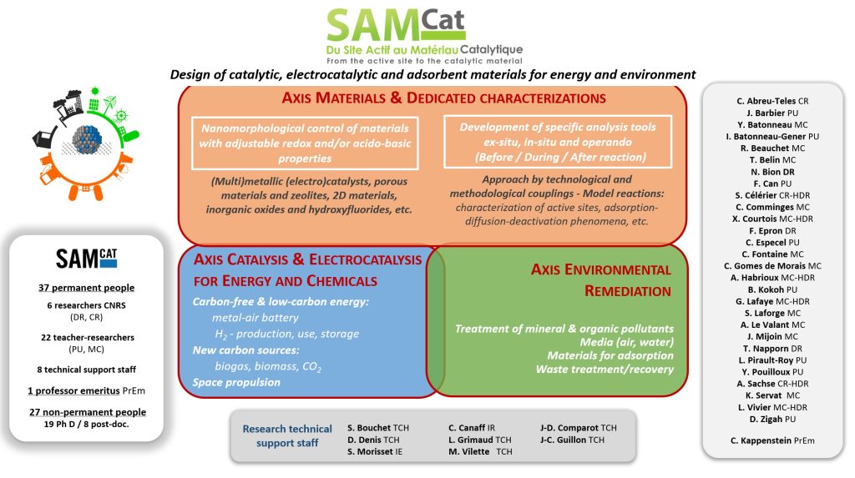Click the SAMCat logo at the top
pyautogui.click(x=426, y=33)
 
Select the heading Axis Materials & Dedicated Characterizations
pyautogui.click(x=432, y=98)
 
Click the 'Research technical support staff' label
pyautogui.click(x=287, y=435)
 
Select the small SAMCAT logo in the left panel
pyautogui.click(x=86, y=258)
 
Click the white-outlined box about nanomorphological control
pyautogui.click(x=304, y=143)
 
